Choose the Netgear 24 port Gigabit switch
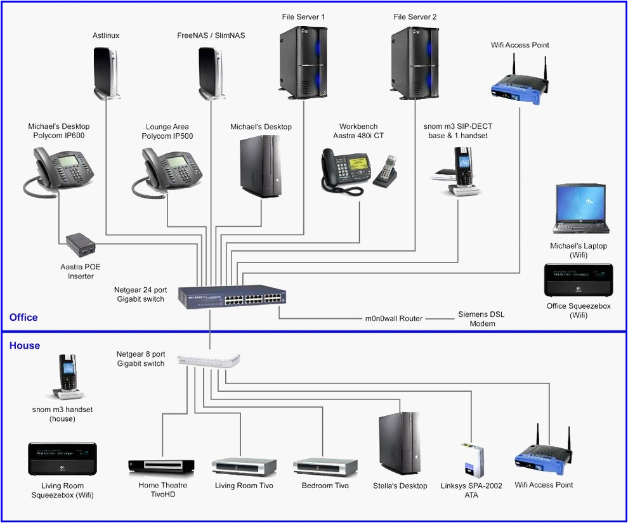[x=232, y=297]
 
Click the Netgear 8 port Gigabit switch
[x=210, y=360]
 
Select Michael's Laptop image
[x=580, y=210]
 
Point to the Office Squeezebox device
[x=579, y=280]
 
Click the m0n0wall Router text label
[x=393, y=318]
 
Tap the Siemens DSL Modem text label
[x=481, y=319]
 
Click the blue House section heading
[x=25, y=345]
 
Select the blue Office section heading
[x=23, y=317]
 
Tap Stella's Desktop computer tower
[x=400, y=443]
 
